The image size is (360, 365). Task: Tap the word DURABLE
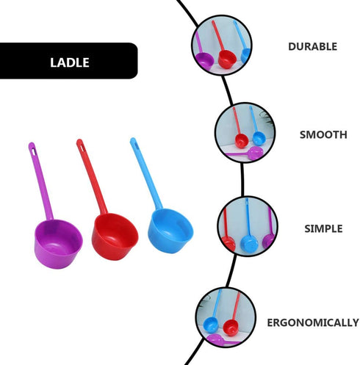point(312,46)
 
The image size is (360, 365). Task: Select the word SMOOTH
point(323,135)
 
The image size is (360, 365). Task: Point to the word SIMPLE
point(323,228)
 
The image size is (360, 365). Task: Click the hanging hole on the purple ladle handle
point(32,149)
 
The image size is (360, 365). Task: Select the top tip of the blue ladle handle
point(133,140)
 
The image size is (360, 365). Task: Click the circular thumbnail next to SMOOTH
point(244,132)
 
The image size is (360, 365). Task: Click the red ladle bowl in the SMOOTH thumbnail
point(241,140)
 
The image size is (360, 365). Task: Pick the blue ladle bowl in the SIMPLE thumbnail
point(248,241)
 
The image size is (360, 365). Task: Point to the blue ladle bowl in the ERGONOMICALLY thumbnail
point(211,325)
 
